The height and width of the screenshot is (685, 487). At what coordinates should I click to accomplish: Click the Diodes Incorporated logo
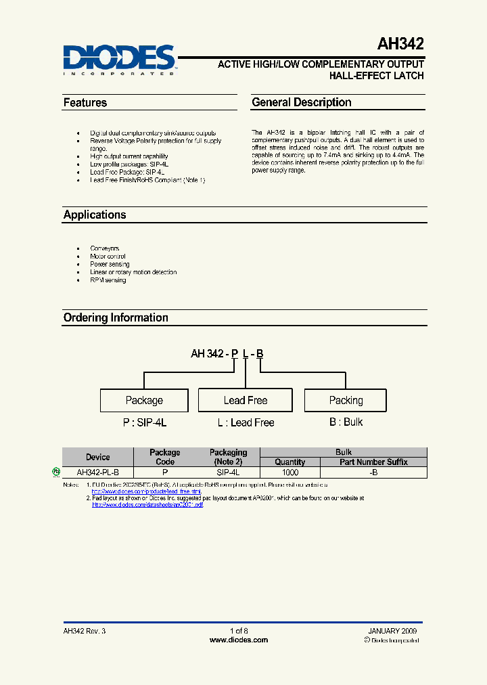point(120,60)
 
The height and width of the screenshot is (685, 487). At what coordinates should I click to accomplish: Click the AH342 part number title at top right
point(400,45)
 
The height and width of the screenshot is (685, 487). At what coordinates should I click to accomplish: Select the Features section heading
point(85,103)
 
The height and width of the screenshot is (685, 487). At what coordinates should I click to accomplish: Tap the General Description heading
point(301,102)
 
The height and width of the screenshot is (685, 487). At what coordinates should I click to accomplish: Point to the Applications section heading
point(95,215)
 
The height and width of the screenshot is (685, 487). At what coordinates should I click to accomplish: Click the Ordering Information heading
point(116,317)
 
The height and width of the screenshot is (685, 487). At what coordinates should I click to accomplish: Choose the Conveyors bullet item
point(105,248)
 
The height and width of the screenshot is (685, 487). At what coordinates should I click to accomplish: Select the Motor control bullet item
point(108,257)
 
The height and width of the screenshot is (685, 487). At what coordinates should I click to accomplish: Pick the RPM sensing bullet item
point(108,280)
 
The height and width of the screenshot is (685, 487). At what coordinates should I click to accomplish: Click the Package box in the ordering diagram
point(144,400)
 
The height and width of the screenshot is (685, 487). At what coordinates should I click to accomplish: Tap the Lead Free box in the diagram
point(245,400)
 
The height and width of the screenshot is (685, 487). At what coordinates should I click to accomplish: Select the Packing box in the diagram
point(346,400)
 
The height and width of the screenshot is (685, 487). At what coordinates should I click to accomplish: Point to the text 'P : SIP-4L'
point(144,422)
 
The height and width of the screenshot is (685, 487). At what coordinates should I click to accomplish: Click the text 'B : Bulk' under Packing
point(346,422)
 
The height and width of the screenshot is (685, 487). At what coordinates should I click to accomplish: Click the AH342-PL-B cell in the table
point(97,472)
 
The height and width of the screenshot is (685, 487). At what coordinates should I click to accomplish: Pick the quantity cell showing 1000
point(289,472)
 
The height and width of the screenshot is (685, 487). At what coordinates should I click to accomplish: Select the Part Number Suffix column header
point(373,462)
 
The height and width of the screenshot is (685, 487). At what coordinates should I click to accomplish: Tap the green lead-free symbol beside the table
point(56,471)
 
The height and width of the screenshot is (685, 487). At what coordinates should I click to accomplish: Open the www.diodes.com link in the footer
point(238,640)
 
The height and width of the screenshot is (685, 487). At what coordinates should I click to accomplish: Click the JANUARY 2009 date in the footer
point(392,630)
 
